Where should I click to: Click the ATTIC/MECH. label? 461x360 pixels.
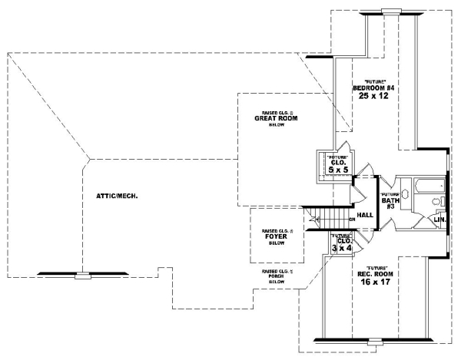117,196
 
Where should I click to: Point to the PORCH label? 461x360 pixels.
277,277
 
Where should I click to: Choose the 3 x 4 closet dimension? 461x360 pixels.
341,248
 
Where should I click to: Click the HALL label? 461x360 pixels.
365,215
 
